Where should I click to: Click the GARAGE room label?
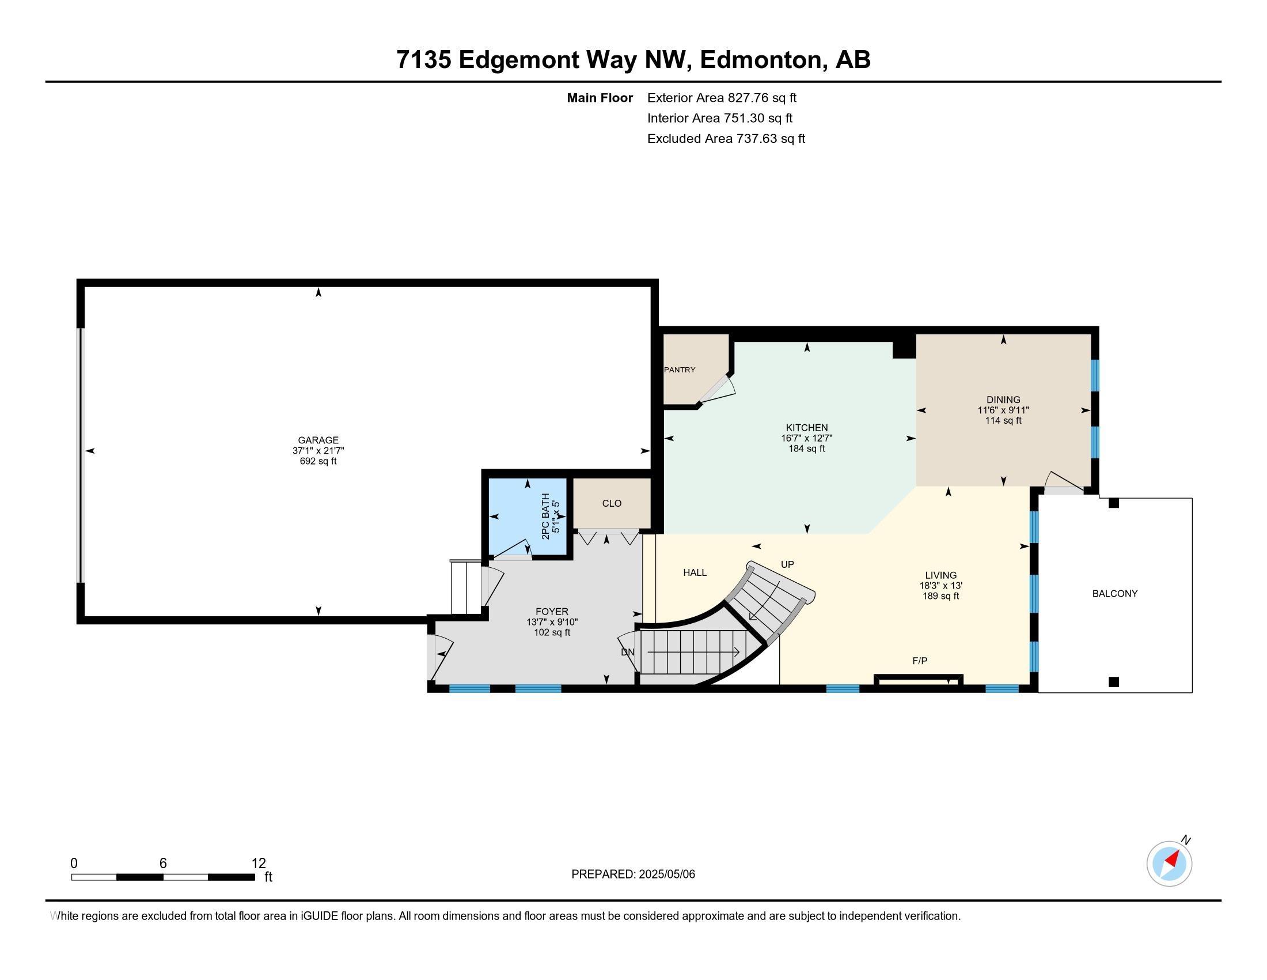318,440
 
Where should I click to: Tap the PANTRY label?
680,370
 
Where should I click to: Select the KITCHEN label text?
806,428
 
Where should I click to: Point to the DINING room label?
1003,399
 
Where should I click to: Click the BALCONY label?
1114,593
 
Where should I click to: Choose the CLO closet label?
612,503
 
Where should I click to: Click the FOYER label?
552,611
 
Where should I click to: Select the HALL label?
695,572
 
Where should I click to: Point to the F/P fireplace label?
920,661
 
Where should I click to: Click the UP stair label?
787,564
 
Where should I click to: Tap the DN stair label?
628,652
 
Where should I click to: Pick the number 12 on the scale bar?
259,864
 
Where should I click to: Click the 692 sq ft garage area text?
318,461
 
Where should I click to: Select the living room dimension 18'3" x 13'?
940,586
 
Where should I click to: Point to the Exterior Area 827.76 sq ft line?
722,97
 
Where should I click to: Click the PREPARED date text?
633,874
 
